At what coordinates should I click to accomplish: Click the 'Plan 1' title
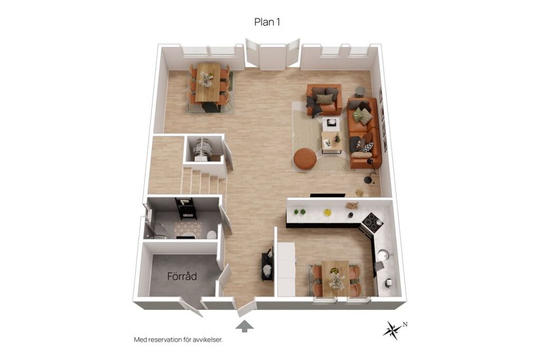pos(267,22)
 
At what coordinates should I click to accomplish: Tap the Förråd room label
pos(182,276)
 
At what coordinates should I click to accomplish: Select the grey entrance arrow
pos(245,326)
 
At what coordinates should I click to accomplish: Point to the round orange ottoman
pos(305,159)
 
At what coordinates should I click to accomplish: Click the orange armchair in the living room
pos(324,100)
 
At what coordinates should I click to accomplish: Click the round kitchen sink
pos(383,255)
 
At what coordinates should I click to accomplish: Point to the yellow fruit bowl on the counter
pos(327,213)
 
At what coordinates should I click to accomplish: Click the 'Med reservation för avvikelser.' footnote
pos(178,340)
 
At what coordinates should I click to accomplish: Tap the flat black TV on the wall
pos(327,195)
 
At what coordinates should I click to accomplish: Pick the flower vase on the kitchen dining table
pos(334,278)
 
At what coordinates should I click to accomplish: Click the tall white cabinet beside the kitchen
pos(286,269)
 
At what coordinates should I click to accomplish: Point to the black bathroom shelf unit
pos(186,209)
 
